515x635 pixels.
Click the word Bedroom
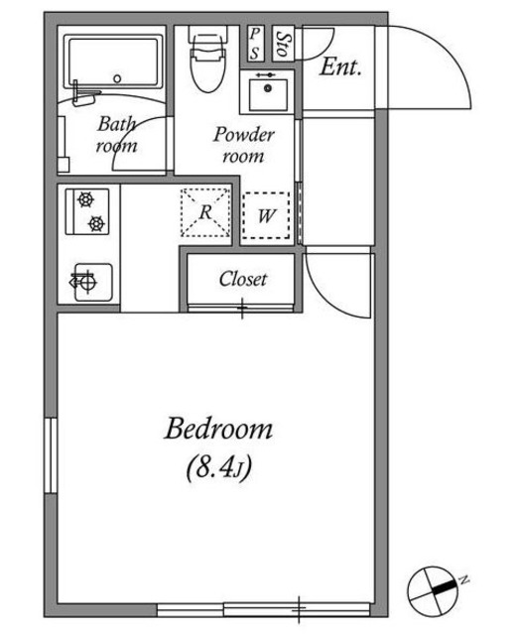pos(218,429)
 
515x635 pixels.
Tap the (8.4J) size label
pos(219,467)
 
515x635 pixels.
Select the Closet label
pos(243,279)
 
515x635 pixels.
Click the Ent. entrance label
pos(340,66)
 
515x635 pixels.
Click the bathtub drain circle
pos(117,78)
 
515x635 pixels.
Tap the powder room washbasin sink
pos(267,92)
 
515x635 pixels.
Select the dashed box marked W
pos(266,215)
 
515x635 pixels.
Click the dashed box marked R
pos(205,211)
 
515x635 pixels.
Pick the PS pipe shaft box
pos(255,44)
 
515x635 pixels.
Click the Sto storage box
pos(283,44)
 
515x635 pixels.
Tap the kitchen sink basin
pos(93,282)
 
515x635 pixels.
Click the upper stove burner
pos(86,199)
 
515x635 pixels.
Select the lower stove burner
pos(97,223)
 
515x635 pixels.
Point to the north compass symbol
pos(433,591)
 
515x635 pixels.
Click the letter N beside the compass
pos(464,579)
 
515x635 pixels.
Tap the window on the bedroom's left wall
pos(51,455)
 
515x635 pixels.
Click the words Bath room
pos(116,135)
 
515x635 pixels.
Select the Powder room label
pos(244,145)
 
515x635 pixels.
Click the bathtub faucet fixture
pos(83,94)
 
